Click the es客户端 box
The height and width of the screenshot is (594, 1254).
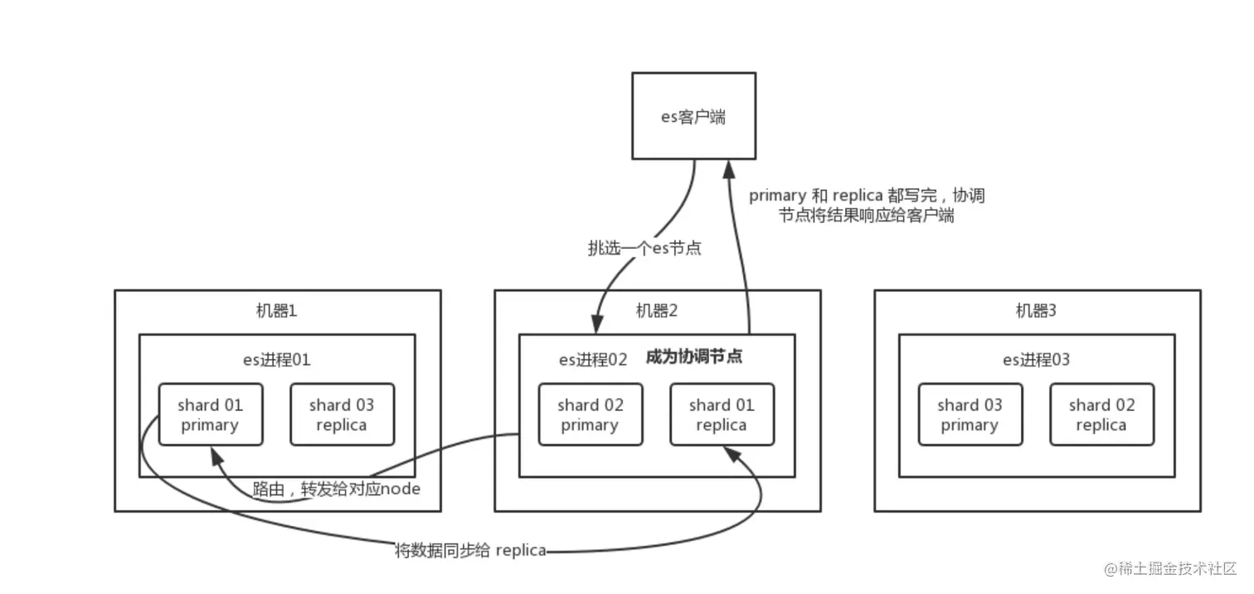coord(693,116)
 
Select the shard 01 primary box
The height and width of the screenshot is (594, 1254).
coord(210,415)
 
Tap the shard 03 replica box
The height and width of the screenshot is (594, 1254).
coord(342,415)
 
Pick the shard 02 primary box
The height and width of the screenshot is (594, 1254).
coord(590,415)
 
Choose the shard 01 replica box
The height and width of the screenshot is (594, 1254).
coord(722,415)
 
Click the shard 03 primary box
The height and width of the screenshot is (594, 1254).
coord(970,415)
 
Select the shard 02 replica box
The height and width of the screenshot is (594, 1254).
coord(1101,415)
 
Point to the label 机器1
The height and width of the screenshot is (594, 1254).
coord(277,311)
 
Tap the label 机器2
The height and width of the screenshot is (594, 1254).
coord(657,311)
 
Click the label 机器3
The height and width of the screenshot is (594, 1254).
coord(1037,311)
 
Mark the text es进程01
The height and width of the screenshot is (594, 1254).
coord(276,359)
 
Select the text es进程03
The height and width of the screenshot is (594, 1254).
coord(1037,359)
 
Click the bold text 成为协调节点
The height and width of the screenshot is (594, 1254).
coord(693,358)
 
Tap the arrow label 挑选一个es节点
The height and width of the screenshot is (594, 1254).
coord(644,248)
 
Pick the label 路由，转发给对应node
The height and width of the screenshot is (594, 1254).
coord(337,489)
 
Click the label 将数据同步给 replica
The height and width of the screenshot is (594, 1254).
coord(470,550)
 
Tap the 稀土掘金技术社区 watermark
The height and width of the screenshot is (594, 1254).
coord(1170,568)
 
